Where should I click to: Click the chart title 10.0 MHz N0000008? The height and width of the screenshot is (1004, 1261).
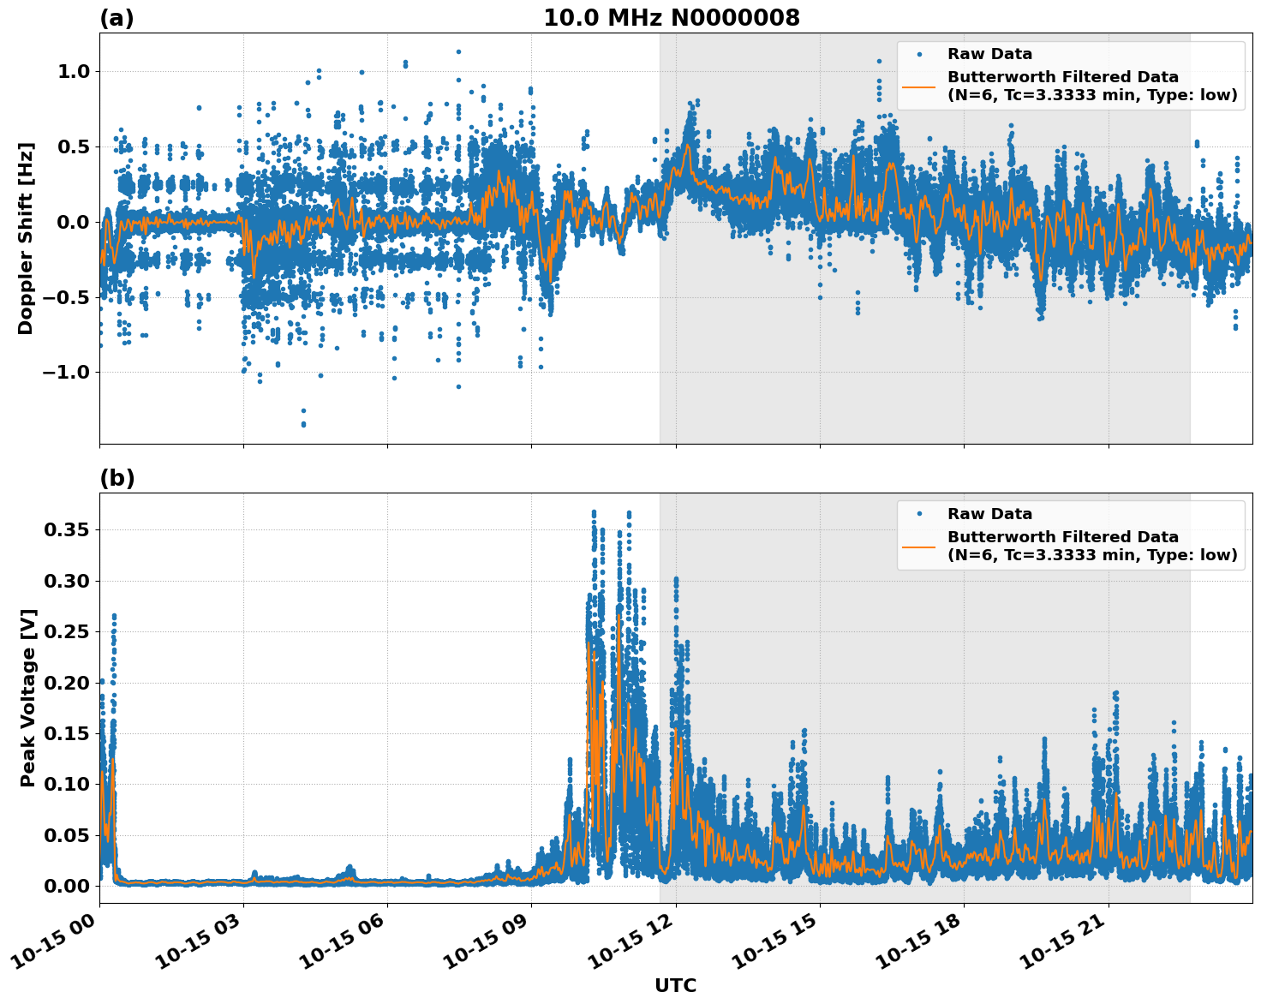coord(671,18)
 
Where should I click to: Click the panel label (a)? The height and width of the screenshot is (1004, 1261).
coord(117,18)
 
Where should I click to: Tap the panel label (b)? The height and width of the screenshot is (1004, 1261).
coord(117,478)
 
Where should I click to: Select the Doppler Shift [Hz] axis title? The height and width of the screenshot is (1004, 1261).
coord(26,238)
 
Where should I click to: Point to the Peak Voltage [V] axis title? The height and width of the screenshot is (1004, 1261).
coord(28,698)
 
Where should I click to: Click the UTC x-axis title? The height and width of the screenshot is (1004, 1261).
coord(675,985)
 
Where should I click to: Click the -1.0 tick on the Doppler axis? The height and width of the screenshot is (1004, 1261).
coord(69,372)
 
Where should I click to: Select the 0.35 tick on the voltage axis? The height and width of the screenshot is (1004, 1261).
coord(66,530)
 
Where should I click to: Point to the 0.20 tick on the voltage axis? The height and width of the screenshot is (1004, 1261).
coord(66,683)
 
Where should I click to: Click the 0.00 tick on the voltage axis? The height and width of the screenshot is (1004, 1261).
coord(66,886)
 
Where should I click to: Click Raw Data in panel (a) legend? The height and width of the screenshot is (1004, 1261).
coord(989,54)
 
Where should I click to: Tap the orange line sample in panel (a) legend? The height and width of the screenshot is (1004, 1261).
coord(918,86)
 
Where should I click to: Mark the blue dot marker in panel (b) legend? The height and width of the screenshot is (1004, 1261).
coord(918,514)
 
